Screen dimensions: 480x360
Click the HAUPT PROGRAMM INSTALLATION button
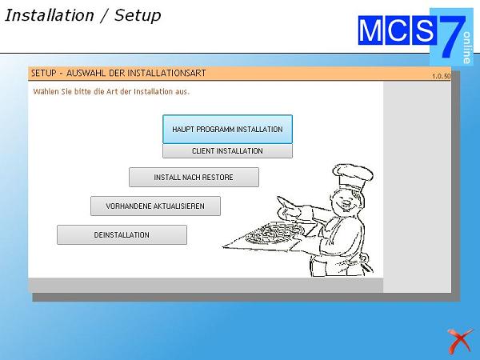227,129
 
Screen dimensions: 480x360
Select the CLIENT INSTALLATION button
227,151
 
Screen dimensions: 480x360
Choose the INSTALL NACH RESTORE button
194,178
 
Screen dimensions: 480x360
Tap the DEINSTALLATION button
122,234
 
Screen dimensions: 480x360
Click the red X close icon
460,341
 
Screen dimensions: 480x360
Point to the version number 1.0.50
441,76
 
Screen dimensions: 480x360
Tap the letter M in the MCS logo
370,30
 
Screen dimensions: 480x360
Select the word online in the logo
467,47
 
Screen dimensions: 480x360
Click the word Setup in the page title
138,15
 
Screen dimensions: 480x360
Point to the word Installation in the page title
50,15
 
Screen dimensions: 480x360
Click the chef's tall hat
353,176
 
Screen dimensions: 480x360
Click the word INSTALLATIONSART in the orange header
166,73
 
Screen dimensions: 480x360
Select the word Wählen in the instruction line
46,91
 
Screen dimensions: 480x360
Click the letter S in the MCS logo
424,30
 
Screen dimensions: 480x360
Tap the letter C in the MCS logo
398,30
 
